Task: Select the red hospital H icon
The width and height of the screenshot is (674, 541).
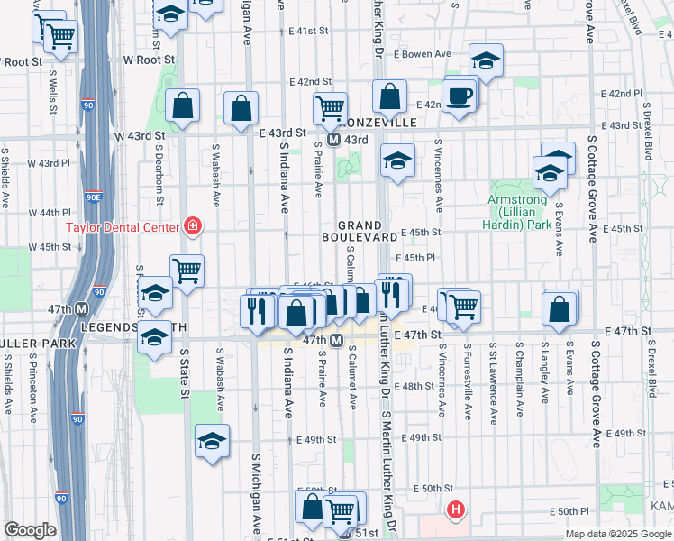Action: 456,510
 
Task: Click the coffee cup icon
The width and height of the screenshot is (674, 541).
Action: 460,95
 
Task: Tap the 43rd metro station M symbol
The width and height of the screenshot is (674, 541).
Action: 333,141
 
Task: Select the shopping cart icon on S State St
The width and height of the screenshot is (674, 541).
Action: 187,269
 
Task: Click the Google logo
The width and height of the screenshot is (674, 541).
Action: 30,530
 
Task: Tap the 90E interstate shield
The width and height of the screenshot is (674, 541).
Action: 94,196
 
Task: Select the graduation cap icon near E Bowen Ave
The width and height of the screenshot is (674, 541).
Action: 486,60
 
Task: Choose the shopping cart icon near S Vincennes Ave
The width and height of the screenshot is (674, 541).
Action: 463,307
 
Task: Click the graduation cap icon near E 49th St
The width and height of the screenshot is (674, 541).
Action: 212,441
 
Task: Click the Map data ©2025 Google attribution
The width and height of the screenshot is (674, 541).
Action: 618,534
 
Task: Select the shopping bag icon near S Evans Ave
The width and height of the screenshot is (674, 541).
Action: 560,308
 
